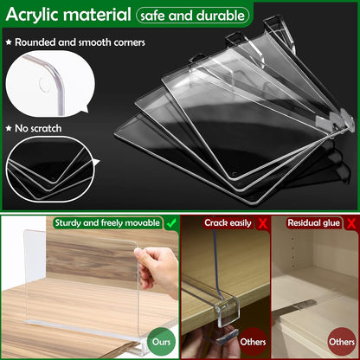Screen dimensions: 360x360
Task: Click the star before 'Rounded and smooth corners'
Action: tap(9, 42)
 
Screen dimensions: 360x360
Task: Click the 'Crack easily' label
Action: tap(228, 223)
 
